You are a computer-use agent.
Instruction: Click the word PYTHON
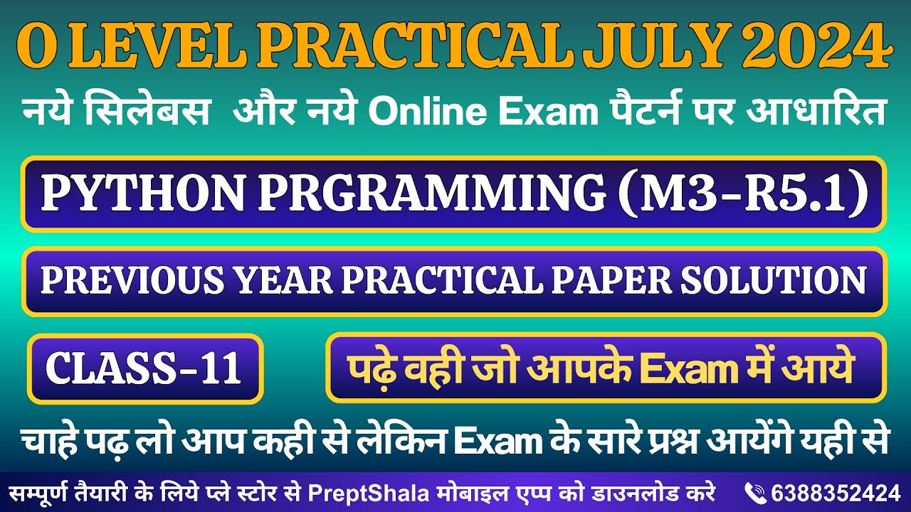142,193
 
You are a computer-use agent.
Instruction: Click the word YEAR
289,281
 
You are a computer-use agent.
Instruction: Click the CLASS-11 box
145,369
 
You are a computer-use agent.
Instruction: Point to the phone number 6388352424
833,492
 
